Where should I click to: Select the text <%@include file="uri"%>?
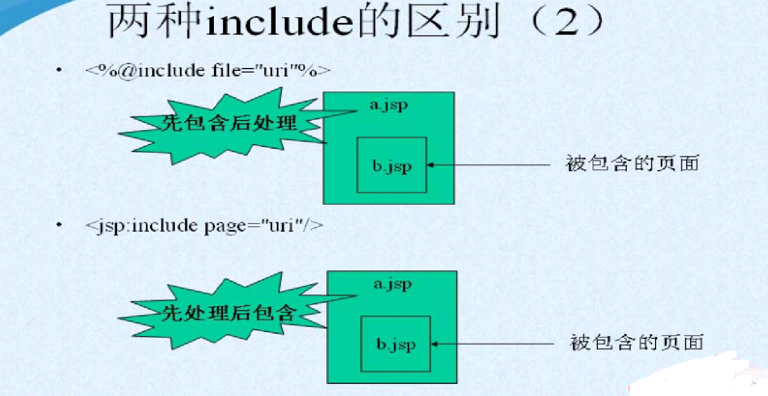click(x=208, y=71)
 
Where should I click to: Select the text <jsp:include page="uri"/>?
click(x=205, y=225)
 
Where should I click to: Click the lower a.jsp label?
click(x=393, y=285)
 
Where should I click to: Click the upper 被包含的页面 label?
click(x=633, y=164)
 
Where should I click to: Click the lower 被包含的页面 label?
click(x=637, y=343)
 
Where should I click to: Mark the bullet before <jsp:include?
click(x=59, y=225)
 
